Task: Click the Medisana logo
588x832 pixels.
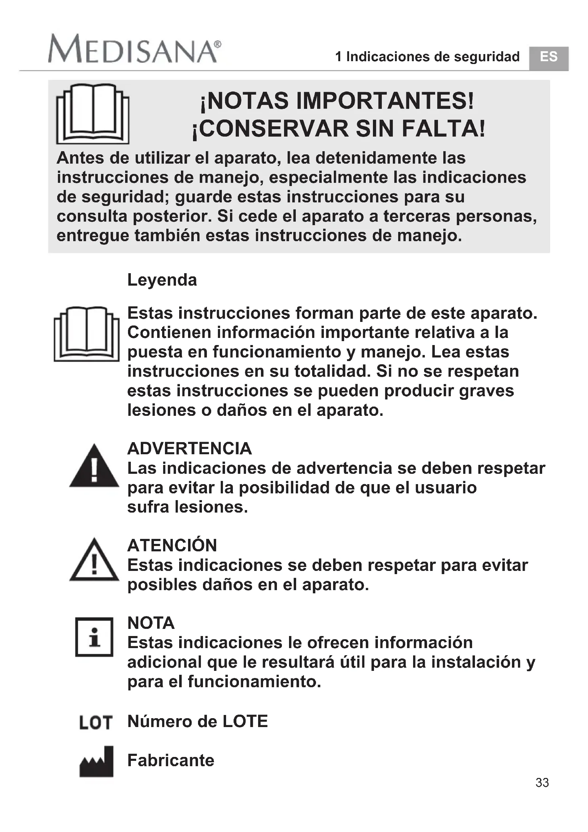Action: point(134,49)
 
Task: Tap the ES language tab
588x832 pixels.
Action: point(548,58)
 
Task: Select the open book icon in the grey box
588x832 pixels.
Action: point(93,114)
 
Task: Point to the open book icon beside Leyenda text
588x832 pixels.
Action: point(86,334)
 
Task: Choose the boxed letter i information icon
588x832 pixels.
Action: point(94,637)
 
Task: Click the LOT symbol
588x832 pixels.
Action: point(96,722)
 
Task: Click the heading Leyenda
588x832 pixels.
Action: point(162,280)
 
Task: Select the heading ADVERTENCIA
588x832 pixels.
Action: point(189,449)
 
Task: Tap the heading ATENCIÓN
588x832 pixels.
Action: point(172,545)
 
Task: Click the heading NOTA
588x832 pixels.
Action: point(151,623)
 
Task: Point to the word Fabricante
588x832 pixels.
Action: point(171,761)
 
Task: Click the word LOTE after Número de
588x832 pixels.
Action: point(245,721)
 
